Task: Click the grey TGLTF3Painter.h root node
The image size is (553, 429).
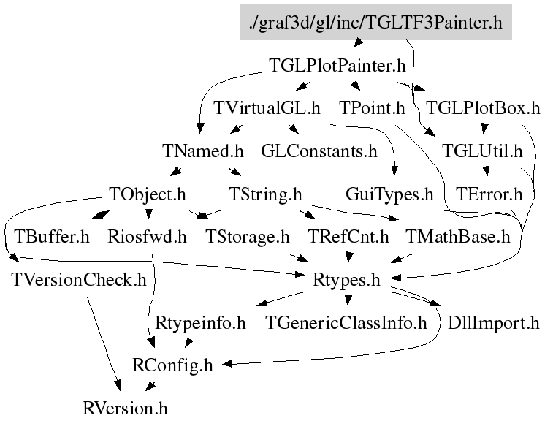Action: [x=375, y=23]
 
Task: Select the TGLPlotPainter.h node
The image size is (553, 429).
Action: [x=337, y=66]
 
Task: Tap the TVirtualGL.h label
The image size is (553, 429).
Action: [x=267, y=109]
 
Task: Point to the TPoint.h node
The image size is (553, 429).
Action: [x=372, y=109]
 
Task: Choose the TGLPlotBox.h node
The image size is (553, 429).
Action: [x=483, y=109]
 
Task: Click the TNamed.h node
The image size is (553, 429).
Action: [x=202, y=151]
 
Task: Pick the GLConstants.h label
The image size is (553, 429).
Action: [x=319, y=151]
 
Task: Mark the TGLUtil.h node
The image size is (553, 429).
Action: [x=483, y=151]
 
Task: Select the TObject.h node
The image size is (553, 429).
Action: [x=148, y=194]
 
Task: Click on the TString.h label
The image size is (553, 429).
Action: [x=265, y=194]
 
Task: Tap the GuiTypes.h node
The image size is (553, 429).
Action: [x=389, y=194]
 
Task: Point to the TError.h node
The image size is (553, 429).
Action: [x=489, y=194]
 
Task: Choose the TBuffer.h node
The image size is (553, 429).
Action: [x=51, y=237]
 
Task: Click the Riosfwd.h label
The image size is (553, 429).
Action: [x=147, y=237]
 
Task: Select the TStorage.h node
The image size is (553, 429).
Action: [x=248, y=237]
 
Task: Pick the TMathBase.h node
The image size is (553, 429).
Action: [x=457, y=237]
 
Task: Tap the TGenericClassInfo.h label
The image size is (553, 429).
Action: [x=346, y=322]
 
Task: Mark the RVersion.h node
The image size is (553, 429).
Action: [x=125, y=408]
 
